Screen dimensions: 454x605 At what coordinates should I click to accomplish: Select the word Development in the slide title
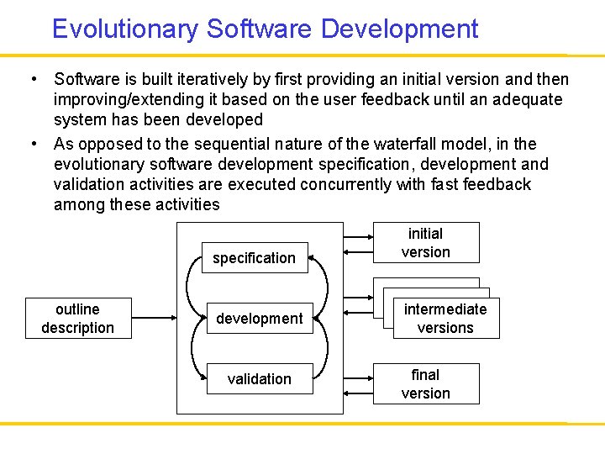coord(400,29)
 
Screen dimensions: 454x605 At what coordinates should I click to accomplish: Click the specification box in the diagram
coord(254,258)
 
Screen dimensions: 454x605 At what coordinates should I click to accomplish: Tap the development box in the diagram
coord(260,319)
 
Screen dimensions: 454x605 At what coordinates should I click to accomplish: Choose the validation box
coord(260,379)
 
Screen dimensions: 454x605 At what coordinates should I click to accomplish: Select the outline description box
coord(77,319)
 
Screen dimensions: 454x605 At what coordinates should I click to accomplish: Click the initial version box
coord(426,243)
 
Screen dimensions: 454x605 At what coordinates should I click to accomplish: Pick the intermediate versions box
coord(445,319)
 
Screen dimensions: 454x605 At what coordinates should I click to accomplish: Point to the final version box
coord(426,384)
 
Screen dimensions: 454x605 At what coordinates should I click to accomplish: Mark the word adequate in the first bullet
coord(527,100)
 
